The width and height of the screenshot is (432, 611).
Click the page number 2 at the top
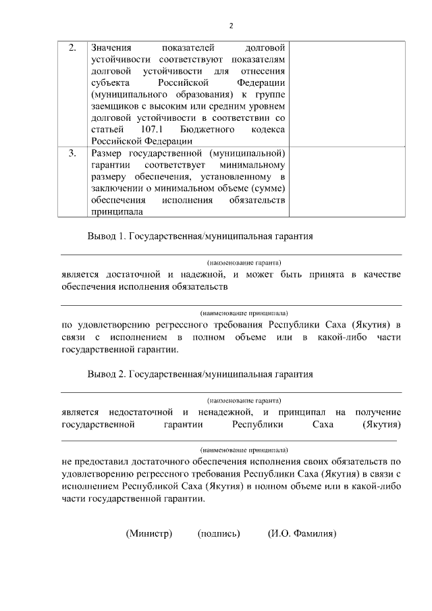click(231, 25)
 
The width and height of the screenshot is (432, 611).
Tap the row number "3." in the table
click(72, 154)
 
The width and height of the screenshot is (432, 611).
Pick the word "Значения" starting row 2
click(111, 49)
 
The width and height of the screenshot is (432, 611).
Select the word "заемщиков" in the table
click(112, 106)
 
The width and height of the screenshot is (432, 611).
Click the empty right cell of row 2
click(347, 94)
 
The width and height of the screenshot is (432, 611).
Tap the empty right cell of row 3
click(347, 182)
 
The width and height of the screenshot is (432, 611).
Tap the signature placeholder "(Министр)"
click(149, 533)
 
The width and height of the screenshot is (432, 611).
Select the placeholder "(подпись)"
click(219, 533)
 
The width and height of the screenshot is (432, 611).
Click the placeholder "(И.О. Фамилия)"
click(302, 533)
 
